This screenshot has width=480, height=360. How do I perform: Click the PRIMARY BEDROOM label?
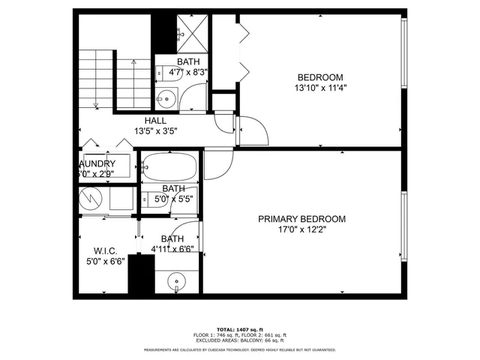tap(301, 219)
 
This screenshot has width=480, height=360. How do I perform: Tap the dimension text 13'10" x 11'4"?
tap(320, 87)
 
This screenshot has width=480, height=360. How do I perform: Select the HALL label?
tap(155, 120)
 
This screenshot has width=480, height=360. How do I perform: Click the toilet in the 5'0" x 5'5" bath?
tap(147, 200)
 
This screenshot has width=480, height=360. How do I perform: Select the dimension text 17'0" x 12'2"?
tap(301, 229)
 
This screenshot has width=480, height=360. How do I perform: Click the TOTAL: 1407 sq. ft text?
tap(239, 329)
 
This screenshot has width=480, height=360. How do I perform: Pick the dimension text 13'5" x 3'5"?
tap(155, 130)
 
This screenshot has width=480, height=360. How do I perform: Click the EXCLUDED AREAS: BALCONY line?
tap(239, 340)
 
